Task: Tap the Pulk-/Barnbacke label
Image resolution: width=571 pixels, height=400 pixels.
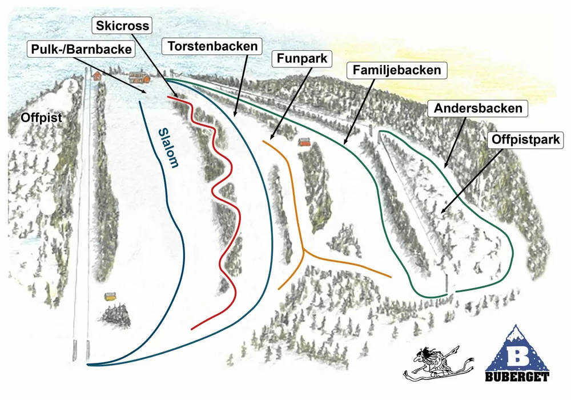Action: point(81,50)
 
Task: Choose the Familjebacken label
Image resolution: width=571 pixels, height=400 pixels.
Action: point(396,71)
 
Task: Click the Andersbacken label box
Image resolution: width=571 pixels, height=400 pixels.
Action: point(478,107)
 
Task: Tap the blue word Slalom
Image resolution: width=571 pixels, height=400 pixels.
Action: point(168,148)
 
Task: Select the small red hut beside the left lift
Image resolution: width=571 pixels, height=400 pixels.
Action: point(97,75)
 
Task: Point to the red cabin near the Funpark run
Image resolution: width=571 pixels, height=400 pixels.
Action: point(305,142)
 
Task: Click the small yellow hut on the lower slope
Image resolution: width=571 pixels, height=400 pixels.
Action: point(110,297)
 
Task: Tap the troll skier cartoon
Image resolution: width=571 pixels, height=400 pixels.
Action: point(437,362)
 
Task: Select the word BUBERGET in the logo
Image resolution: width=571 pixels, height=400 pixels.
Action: point(517,377)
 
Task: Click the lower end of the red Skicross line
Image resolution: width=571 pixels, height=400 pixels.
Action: point(192,329)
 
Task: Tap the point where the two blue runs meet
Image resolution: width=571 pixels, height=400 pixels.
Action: point(89,364)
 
